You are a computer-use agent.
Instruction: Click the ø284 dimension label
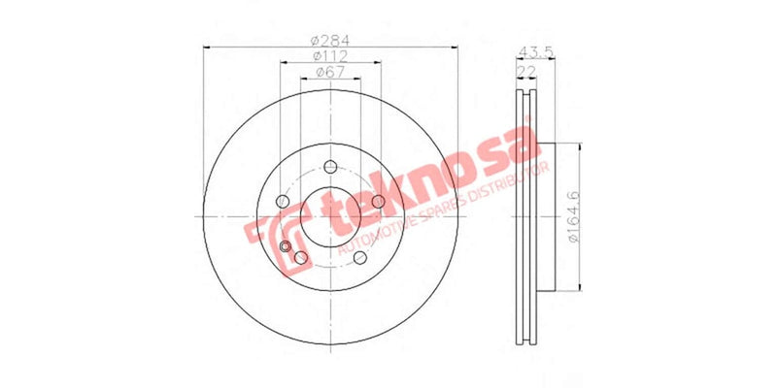click(x=330, y=40)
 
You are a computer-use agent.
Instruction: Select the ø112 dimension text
click(x=330, y=56)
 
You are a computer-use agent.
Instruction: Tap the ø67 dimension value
click(x=330, y=74)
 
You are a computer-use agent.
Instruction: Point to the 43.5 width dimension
click(x=529, y=49)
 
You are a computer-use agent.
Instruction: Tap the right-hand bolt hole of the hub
click(x=379, y=202)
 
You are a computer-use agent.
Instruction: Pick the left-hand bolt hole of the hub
click(x=282, y=201)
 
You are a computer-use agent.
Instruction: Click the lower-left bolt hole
click(x=300, y=257)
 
